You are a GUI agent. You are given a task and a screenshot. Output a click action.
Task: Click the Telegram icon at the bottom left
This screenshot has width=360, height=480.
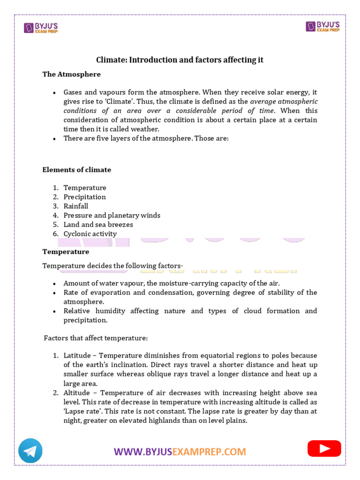point(30,451)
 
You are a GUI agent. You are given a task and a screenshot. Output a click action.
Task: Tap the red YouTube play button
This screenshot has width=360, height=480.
point(324,449)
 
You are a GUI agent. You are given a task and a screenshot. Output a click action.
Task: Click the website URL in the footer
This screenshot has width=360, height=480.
point(180,452)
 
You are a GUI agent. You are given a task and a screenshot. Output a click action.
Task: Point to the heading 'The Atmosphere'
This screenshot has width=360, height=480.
point(71,74)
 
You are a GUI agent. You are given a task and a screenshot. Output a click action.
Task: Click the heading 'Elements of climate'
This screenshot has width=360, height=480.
point(77,170)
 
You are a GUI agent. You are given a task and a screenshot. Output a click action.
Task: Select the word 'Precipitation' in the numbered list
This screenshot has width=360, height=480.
point(85,197)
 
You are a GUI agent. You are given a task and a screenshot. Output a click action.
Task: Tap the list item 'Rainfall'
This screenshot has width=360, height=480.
point(76,206)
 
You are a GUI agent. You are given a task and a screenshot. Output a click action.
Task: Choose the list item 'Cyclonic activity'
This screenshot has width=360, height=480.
point(90,234)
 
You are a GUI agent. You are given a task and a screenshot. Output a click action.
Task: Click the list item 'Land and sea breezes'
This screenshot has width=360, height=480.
point(98,225)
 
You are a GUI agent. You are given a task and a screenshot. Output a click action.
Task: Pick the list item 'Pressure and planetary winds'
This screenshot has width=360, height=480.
point(112,216)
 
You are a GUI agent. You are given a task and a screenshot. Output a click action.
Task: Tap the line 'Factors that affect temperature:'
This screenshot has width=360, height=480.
point(96,337)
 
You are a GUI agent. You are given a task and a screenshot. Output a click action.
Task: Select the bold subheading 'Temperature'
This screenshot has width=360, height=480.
point(66,252)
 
